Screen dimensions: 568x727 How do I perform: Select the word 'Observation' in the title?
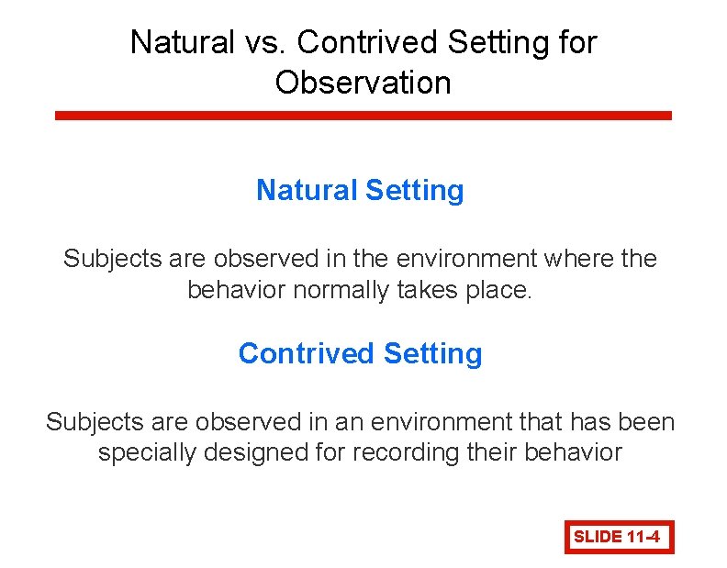pyautogui.click(x=363, y=83)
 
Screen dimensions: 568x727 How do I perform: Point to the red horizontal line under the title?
pyautogui.click(x=363, y=116)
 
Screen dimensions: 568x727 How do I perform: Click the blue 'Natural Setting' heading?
pyautogui.click(x=360, y=190)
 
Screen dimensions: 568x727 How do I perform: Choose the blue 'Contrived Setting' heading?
pyautogui.click(x=360, y=353)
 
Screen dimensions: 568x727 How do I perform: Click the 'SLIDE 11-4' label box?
pyautogui.click(x=618, y=537)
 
